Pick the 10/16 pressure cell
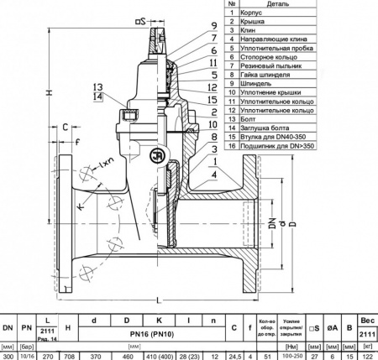click(x=28, y=356)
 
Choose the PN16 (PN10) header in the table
click(x=153, y=334)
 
